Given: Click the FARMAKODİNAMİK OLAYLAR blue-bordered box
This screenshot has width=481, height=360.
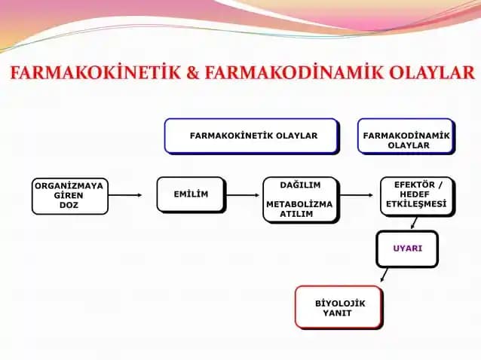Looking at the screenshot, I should (406, 136).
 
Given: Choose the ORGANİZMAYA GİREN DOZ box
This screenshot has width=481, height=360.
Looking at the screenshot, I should (70, 196).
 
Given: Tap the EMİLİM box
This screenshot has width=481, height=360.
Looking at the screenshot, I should (190, 195).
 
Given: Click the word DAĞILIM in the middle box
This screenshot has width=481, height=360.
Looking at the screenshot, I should (300, 185).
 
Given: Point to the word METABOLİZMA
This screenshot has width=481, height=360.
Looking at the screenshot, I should (300, 204).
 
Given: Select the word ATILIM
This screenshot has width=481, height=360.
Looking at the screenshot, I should (300, 214).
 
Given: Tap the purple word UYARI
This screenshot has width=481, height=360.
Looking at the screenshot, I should (407, 249).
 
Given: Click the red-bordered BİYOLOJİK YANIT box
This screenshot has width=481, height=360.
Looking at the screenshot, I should (339, 307).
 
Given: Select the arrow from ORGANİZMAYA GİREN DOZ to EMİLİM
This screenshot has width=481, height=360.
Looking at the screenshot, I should (125, 196).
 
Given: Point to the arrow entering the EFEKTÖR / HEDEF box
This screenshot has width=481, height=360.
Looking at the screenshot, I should (357, 196).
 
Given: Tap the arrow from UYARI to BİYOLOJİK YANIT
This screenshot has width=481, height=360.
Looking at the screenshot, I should (384, 274).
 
